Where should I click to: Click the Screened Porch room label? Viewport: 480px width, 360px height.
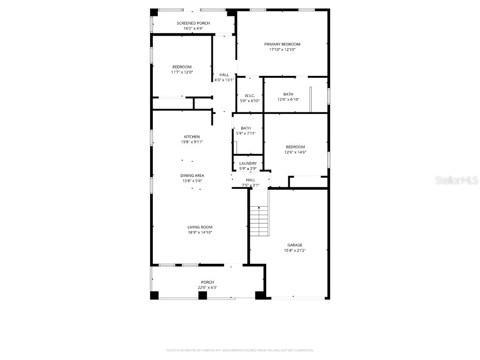[x=193, y=23]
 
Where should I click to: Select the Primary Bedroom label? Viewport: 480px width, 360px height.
[x=282, y=44]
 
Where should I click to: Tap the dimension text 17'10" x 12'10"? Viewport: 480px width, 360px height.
[x=282, y=49]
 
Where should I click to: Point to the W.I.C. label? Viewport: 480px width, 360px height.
[x=249, y=95]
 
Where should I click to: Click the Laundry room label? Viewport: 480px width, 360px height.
[x=248, y=163]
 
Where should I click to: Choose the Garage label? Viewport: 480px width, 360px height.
[x=295, y=245]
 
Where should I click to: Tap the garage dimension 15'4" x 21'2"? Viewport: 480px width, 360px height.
[x=295, y=250]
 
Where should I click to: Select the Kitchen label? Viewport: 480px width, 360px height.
[x=192, y=137]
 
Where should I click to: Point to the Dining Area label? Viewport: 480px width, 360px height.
[x=192, y=175]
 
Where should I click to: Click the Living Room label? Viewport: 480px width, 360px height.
[x=200, y=227]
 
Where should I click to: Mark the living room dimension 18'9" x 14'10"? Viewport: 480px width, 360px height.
[x=200, y=232]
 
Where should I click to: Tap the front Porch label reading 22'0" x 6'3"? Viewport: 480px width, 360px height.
[x=208, y=285]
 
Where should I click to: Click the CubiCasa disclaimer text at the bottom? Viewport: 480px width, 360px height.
[x=240, y=350]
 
